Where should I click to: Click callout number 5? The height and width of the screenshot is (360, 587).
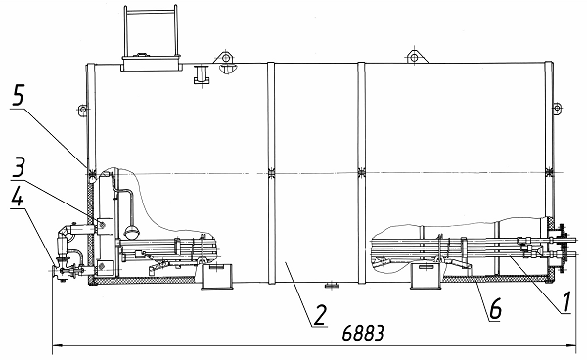coord(18,95)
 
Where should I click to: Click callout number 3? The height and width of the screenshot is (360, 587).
coord(18,167)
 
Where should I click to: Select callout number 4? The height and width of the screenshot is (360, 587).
coord(17,196)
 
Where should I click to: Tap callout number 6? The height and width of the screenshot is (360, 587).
coord(496,308)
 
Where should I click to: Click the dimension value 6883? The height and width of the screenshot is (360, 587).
coord(363,333)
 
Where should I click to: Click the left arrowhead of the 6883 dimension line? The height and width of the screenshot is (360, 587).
coord(57,345)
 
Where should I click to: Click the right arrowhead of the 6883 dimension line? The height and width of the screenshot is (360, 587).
coord(571,345)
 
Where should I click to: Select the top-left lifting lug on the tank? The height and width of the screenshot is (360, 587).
coord(225,57)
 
